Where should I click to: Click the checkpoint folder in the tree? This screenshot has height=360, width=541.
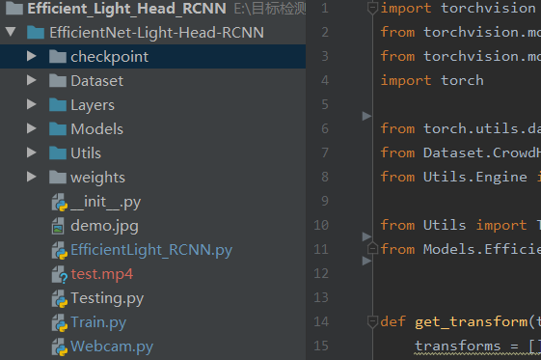(108, 57)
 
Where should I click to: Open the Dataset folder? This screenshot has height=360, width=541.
(96, 81)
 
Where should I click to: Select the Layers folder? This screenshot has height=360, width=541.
(92, 105)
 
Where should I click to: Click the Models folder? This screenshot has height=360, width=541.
(96, 129)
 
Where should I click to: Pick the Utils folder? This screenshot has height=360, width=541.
(85, 153)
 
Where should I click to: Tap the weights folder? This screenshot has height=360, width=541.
(97, 178)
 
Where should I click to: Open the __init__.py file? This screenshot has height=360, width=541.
(105, 202)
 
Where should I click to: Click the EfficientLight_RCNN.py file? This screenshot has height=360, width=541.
(150, 250)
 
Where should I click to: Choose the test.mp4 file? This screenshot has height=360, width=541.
(101, 274)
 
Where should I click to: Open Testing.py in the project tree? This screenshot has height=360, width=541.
(106, 298)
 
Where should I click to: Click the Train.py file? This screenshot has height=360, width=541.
(97, 322)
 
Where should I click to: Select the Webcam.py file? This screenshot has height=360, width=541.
(111, 346)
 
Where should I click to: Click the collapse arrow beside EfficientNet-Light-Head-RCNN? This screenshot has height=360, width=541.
(12, 33)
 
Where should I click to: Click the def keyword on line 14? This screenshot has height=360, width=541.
(393, 321)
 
